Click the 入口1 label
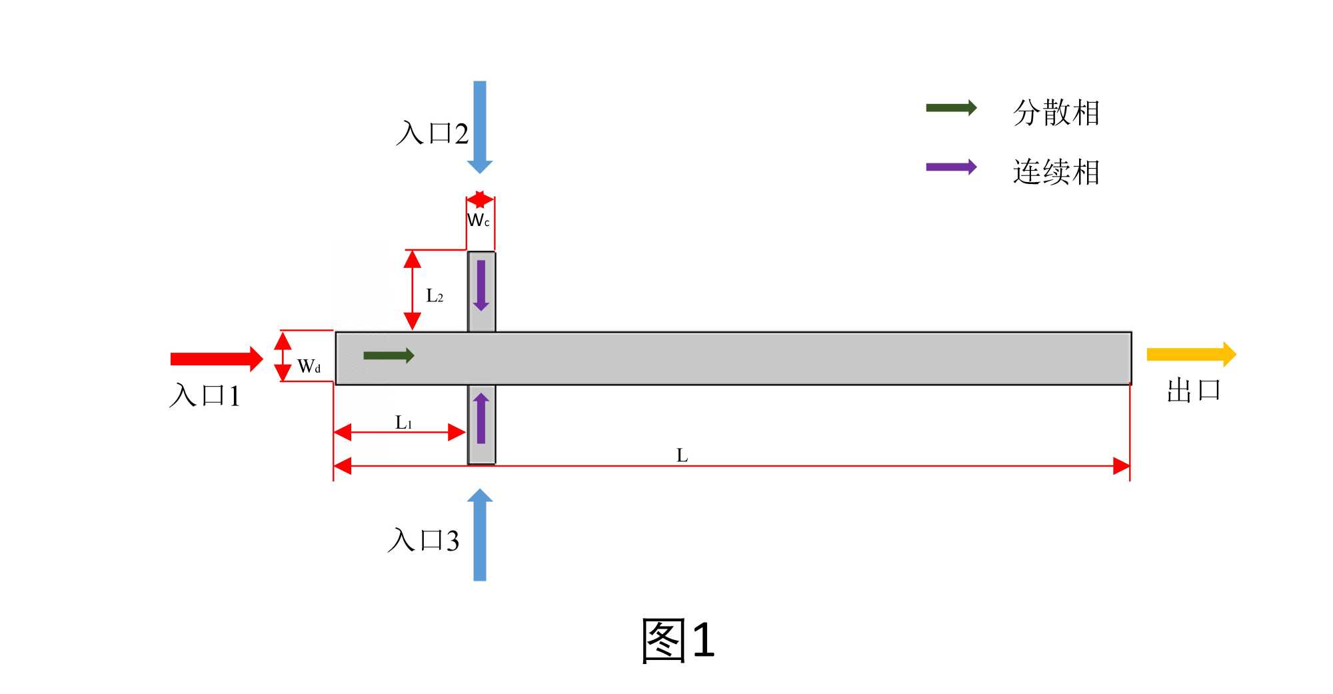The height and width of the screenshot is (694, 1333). pos(205,395)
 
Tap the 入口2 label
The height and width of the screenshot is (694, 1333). pos(432,133)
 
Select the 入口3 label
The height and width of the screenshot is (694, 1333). pos(423,540)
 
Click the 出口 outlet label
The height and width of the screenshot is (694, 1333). pos(1193,391)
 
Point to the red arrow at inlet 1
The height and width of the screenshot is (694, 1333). pos(217,359)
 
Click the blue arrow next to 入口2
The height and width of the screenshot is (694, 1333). pos(480,127)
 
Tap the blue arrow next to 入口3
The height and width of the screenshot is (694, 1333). pos(480,535)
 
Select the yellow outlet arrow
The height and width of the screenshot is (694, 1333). pos(1191,354)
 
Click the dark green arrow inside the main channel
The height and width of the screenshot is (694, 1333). pos(389,355)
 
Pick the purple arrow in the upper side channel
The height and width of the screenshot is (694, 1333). pos(481,285)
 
